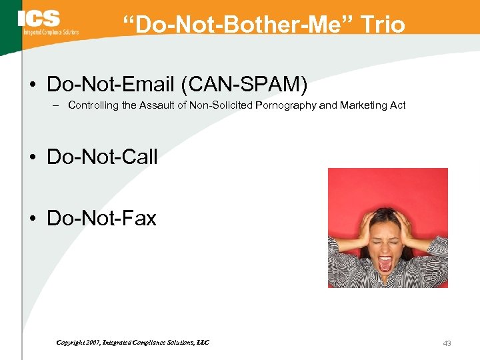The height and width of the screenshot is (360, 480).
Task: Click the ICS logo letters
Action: [39, 19]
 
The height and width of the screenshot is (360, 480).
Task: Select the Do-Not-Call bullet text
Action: [102, 157]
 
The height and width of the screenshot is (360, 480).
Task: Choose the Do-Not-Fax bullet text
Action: [101, 218]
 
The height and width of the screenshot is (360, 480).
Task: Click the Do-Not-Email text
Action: [110, 85]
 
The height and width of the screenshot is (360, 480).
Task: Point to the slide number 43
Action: [447, 343]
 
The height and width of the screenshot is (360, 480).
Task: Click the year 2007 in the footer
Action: [92, 343]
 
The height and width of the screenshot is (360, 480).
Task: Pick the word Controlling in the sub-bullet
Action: [93, 105]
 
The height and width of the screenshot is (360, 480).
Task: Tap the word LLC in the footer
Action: [202, 343]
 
